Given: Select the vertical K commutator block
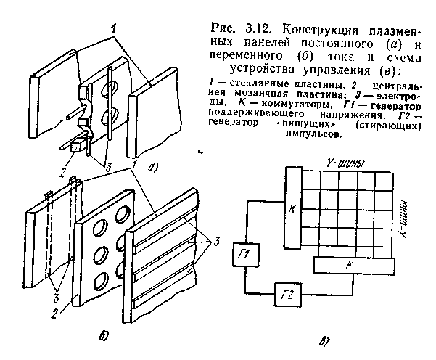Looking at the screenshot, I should pyautogui.click(x=293, y=210).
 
